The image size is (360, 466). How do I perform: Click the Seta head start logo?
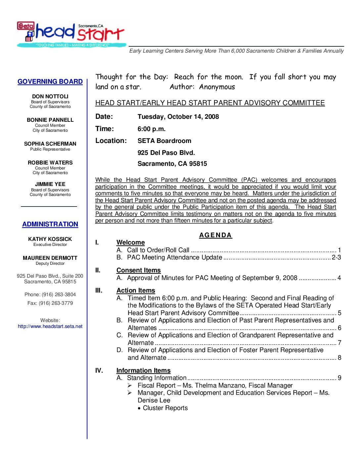coord(71,34)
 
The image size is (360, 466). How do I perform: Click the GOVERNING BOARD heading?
coord(50,81)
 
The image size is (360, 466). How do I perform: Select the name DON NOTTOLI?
coord(50,96)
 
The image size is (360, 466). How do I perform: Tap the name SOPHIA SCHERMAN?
coord(50,144)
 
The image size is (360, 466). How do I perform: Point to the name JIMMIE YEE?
coord(50,184)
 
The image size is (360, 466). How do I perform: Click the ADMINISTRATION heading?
coord(50,224)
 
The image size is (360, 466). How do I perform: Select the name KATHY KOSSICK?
coord(50,239)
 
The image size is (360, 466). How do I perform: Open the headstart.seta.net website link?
coord(50,326)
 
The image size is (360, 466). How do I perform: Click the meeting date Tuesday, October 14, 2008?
coord(178,117)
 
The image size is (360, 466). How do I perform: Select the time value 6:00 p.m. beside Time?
coord(152,129)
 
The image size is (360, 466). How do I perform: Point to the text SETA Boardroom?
coord(164,141)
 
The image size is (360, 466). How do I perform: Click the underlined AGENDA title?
coord(215,235)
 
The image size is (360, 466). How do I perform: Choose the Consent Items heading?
coord(138,270)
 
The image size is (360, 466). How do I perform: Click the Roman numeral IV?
coord(99,370)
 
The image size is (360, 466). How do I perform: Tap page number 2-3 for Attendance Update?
coord(336,257)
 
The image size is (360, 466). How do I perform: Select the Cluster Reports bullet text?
coord(165,408)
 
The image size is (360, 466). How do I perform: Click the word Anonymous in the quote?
coord(217,87)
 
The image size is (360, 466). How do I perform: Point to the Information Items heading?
coord(143,370)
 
